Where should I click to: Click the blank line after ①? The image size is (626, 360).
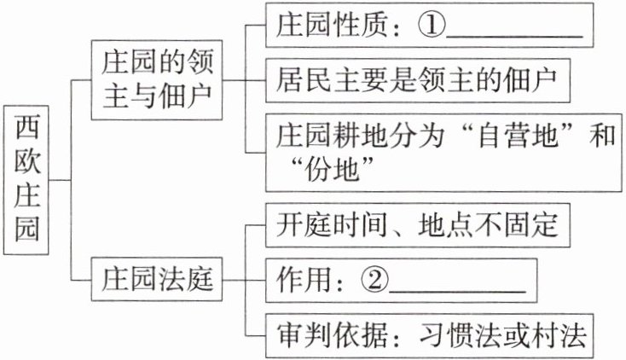[515, 34]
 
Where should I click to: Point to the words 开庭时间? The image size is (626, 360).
[327, 226]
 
